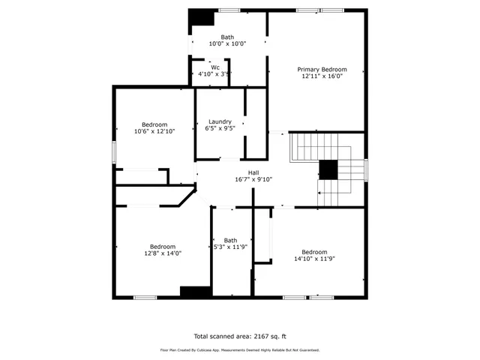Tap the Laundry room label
(220, 121)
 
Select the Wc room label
(215, 67)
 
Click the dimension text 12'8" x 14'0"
(163, 253)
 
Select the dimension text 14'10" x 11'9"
(314, 258)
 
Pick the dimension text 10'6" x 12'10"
(154, 131)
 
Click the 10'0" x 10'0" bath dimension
(227, 43)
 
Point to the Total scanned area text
(240, 336)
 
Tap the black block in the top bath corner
(199, 17)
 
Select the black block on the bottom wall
(195, 292)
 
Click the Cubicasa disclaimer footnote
(240, 349)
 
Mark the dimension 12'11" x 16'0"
(321, 76)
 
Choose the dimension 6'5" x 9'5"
(220, 128)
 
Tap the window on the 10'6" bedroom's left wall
(114, 151)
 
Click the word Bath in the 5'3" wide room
(229, 241)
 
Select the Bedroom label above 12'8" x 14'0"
(163, 247)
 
